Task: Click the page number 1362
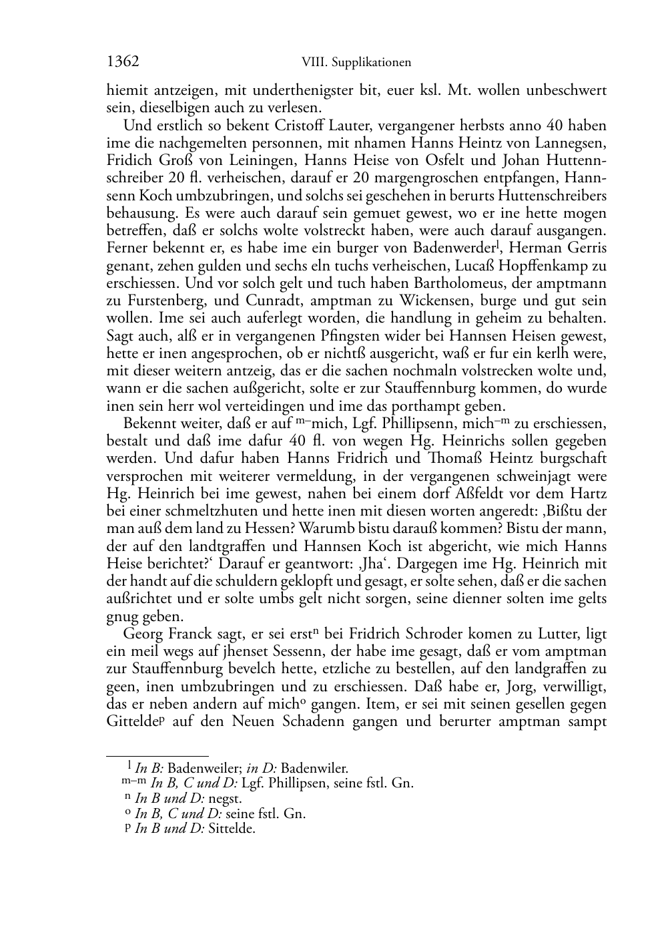click(x=123, y=62)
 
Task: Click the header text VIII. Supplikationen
click(x=356, y=63)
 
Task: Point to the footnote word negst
click(x=226, y=798)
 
